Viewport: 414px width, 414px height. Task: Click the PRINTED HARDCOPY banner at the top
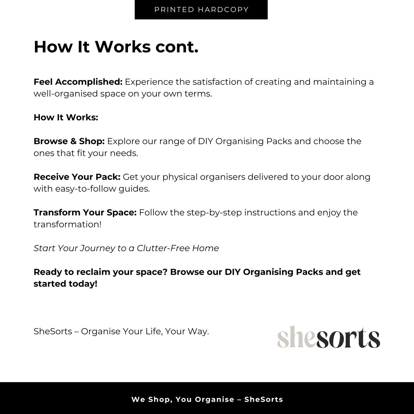coord(201,10)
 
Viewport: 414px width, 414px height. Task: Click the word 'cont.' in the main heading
coord(177,47)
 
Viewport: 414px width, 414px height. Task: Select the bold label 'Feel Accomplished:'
coord(78,82)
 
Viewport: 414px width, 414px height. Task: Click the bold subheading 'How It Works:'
coord(66,117)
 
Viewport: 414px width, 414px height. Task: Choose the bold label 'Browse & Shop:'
coord(69,141)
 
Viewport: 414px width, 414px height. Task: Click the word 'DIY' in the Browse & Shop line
coord(205,141)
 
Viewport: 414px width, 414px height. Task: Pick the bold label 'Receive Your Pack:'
coord(77,177)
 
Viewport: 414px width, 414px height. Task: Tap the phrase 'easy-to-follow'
coord(86,189)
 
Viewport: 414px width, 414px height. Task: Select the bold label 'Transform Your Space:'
coord(85,213)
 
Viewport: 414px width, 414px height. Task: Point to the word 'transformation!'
coord(67,224)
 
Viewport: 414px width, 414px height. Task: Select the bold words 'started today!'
coord(65,284)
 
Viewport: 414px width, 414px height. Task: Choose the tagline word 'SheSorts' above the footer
coord(53,331)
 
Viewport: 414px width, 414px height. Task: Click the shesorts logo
coord(328,338)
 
